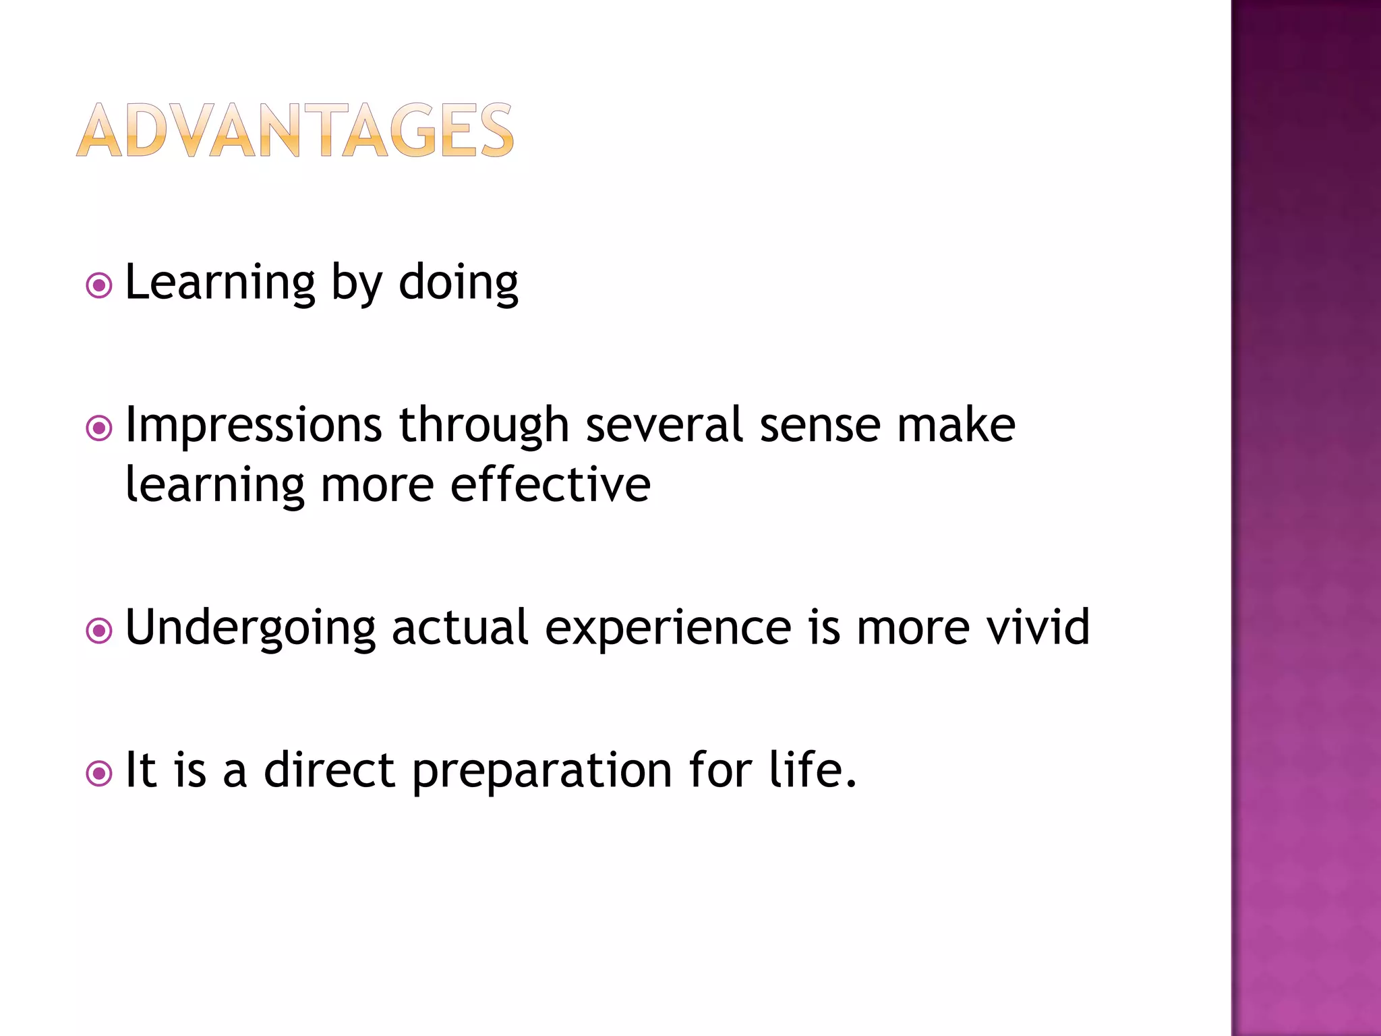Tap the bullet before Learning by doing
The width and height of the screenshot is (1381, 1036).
click(99, 286)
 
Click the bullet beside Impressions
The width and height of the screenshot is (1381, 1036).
click(99, 428)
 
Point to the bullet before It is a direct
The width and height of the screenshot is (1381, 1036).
click(99, 774)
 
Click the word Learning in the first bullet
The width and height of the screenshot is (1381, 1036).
click(220, 283)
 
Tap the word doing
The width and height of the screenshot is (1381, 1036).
click(459, 283)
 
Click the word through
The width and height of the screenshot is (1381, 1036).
click(484, 426)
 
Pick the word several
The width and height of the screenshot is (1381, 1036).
click(664, 426)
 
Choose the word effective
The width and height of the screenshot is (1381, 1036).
click(550, 485)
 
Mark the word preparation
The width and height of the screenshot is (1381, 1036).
click(542, 771)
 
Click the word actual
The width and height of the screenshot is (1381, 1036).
click(460, 627)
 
